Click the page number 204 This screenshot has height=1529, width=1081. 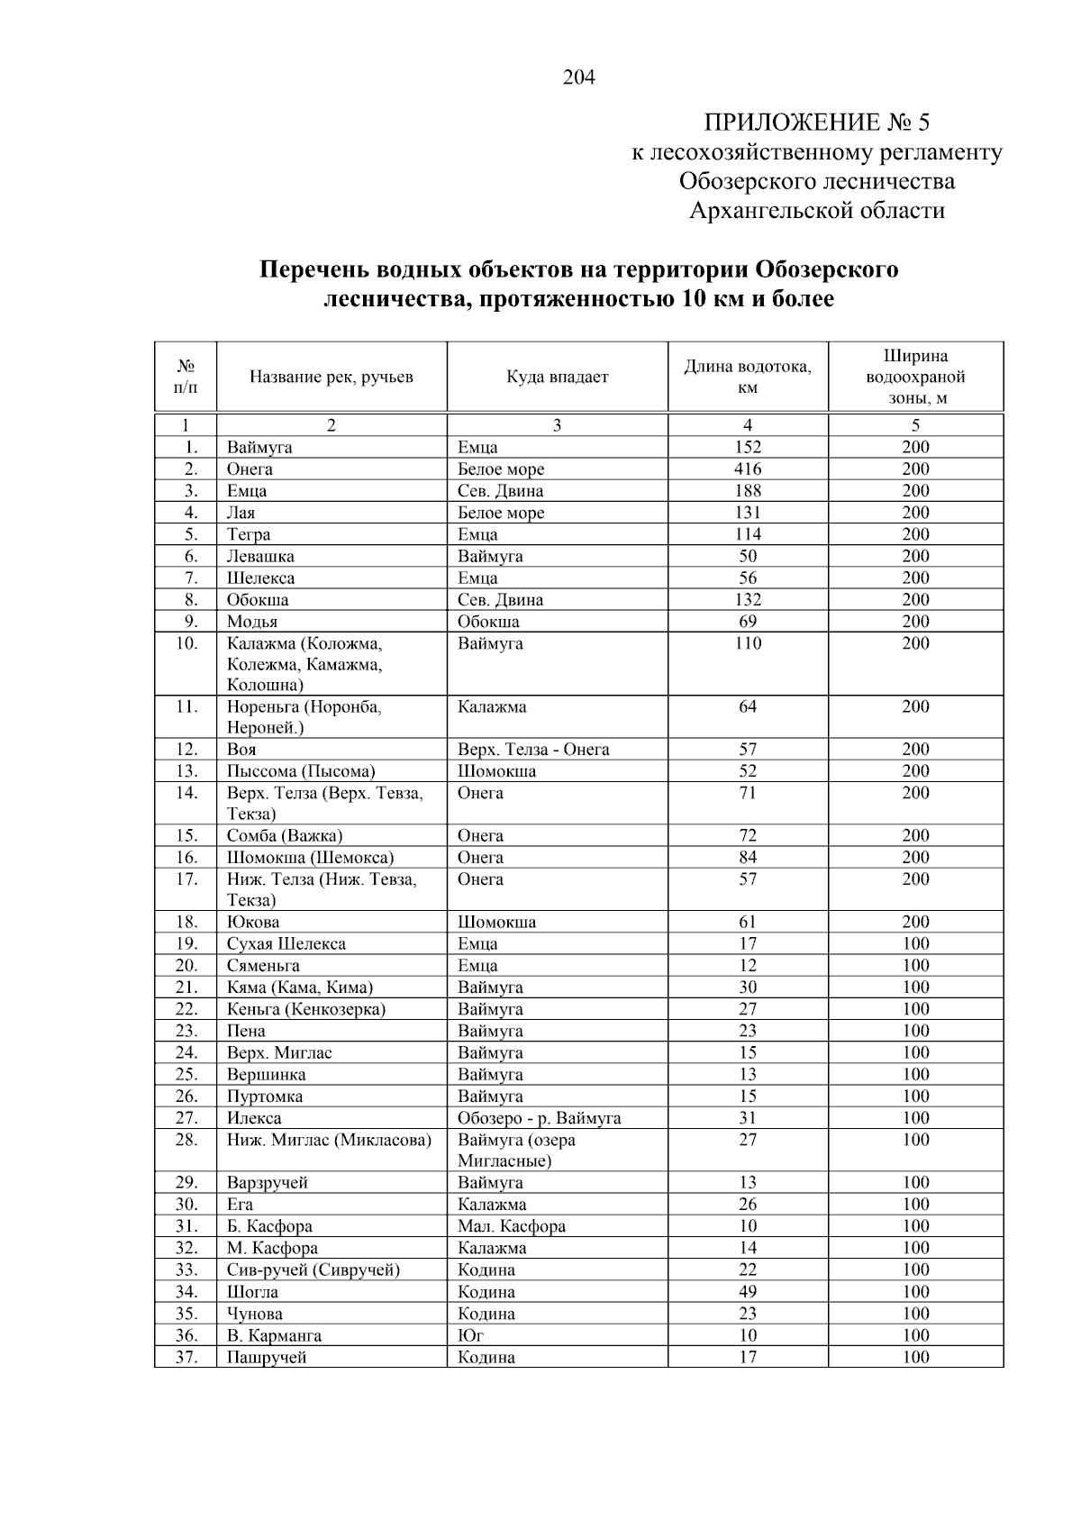click(x=578, y=77)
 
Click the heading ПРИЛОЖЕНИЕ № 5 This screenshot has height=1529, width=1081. click(x=816, y=123)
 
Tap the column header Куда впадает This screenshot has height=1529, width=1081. click(x=557, y=377)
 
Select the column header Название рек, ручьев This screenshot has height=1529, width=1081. click(x=331, y=377)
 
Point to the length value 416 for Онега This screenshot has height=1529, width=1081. click(x=747, y=469)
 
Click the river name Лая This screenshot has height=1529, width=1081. click(x=241, y=513)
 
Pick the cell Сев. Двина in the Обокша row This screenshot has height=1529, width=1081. click(x=500, y=600)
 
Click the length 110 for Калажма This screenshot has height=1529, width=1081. click(x=747, y=643)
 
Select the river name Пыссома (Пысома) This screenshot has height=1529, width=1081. click(x=301, y=771)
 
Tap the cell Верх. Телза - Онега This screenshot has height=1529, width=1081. click(x=533, y=750)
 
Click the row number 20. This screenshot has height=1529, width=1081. click(x=186, y=966)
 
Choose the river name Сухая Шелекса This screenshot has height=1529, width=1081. click(x=286, y=944)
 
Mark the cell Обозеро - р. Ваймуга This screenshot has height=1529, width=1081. click(x=539, y=1118)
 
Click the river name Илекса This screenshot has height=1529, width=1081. click(x=254, y=1118)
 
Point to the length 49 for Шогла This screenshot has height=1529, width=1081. click(x=747, y=1292)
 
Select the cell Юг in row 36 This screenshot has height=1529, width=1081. click(x=470, y=1335)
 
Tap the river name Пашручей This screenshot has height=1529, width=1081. click(x=267, y=1358)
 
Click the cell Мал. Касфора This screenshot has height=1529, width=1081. click(x=511, y=1226)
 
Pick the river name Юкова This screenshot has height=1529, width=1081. click(x=253, y=923)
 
